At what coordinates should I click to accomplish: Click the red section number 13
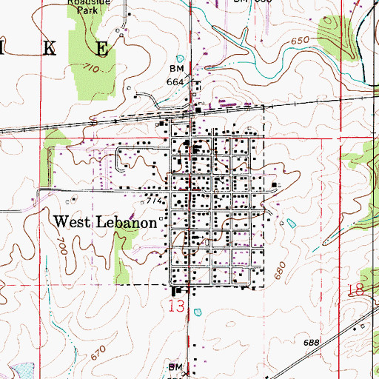(x=172, y=304)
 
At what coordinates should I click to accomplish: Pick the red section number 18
(x=355, y=291)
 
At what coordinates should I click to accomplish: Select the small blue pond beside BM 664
(x=178, y=58)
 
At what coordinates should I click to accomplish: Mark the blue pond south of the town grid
(x=198, y=312)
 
